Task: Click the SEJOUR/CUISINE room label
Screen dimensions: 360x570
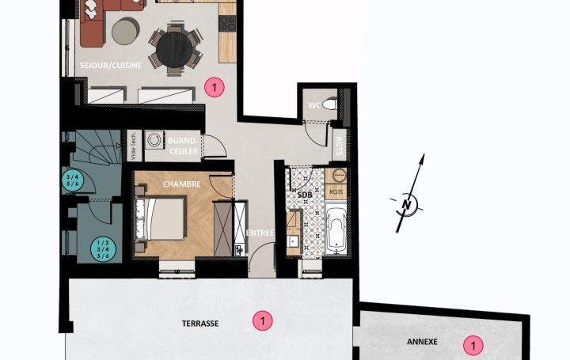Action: click(111, 66)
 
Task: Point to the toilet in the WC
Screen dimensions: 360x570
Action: click(332, 104)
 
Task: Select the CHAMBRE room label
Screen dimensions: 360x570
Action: click(181, 184)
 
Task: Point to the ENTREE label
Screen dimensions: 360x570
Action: click(260, 233)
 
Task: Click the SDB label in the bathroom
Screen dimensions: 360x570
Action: click(305, 195)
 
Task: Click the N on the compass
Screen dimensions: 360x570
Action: click(408, 203)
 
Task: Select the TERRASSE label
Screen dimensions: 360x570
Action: click(200, 323)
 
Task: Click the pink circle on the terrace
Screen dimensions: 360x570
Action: click(260, 320)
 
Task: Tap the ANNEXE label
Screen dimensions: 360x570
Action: click(422, 343)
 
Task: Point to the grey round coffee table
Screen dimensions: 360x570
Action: click(123, 32)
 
